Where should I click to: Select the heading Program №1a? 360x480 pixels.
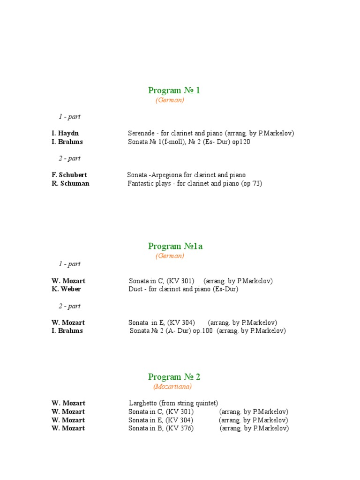175,246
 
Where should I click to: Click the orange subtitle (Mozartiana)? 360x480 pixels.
172,387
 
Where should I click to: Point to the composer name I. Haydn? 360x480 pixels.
65,134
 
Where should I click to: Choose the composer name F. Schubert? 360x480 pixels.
69,175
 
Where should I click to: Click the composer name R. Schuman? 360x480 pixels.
70,184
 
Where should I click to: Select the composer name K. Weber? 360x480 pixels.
66,289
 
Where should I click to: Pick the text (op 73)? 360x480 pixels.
252,184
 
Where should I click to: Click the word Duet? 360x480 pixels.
136,289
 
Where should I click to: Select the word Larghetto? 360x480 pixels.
143,403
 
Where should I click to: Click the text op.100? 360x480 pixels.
203,331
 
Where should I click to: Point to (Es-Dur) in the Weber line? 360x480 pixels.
225,289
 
